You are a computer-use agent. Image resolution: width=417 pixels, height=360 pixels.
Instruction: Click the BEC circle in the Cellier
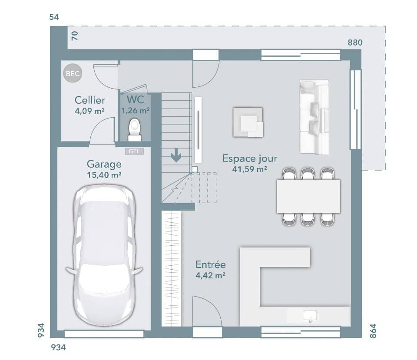(73, 73)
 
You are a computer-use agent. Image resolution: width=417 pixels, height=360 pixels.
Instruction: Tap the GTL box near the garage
(134, 151)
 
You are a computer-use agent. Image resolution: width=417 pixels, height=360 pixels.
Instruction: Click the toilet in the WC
(135, 130)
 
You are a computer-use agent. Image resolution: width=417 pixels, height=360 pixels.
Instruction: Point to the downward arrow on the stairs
(176, 155)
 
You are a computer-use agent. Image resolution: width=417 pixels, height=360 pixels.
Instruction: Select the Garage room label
(104, 164)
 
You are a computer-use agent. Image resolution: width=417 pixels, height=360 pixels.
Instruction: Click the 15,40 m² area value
(104, 175)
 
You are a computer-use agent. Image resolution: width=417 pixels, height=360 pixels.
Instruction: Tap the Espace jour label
(250, 159)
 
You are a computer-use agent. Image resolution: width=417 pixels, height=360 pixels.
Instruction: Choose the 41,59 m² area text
(249, 169)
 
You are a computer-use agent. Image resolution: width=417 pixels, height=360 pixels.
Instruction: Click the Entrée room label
(210, 264)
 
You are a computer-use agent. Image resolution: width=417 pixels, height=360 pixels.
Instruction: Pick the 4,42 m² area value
(210, 275)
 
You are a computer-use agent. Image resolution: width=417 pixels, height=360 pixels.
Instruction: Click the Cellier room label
(90, 100)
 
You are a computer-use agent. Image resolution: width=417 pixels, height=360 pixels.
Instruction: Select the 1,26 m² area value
(136, 110)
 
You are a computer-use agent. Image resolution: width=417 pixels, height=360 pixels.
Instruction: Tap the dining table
(308, 196)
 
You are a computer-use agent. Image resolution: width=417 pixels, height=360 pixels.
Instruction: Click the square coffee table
(248, 122)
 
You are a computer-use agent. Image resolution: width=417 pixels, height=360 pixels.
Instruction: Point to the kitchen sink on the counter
(310, 316)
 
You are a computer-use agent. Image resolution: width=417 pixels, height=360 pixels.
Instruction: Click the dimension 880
(355, 43)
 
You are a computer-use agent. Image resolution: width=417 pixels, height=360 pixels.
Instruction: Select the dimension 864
(373, 331)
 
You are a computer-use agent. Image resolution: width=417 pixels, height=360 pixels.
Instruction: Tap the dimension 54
(54, 17)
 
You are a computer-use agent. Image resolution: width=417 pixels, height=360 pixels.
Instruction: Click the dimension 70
(75, 36)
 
